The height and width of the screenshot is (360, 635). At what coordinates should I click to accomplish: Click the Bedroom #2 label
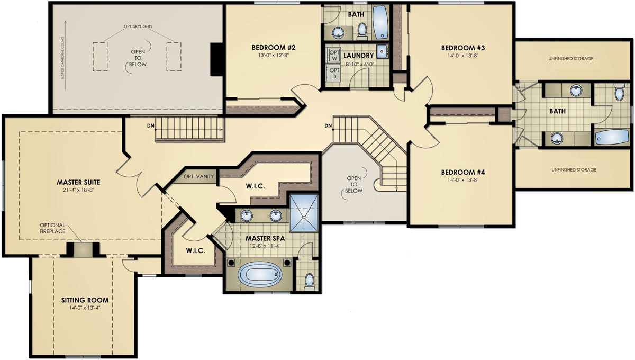(x=273, y=48)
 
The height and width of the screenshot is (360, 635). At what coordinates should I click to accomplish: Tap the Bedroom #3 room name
(x=463, y=48)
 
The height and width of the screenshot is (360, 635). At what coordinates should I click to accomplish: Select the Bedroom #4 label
(x=463, y=172)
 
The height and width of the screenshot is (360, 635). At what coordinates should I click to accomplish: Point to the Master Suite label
(x=78, y=182)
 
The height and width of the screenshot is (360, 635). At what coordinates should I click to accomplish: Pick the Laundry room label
(x=358, y=55)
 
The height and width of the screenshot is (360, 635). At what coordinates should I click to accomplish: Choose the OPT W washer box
(x=334, y=55)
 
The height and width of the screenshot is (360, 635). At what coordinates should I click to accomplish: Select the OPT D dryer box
(x=334, y=74)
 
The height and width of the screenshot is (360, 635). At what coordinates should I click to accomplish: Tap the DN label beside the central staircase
(x=328, y=125)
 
